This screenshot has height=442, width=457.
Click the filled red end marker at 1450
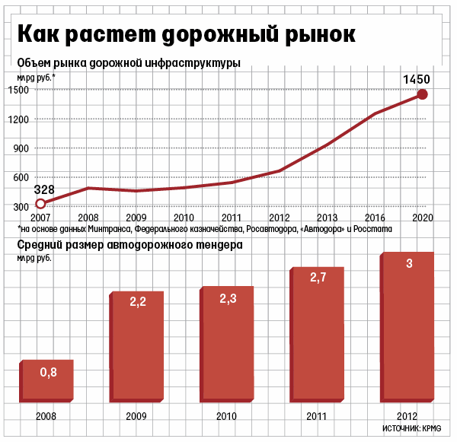pos(423,95)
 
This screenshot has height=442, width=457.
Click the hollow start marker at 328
pos(41,203)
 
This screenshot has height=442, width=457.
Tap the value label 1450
pos(417,79)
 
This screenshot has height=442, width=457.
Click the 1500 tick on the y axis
pos(21,90)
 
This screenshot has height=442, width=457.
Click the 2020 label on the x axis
pos(423,218)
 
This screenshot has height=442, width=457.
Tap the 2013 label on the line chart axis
pos(328,218)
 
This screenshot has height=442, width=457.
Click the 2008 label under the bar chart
pos(46,416)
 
